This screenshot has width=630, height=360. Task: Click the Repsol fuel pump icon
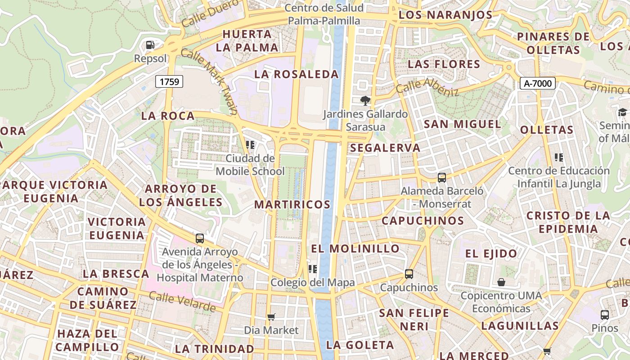click(x=150, y=45)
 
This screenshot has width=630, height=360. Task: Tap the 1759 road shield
click(x=169, y=81)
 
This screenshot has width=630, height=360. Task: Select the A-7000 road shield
click(x=538, y=83)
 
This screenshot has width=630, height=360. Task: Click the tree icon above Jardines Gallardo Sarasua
click(x=365, y=100)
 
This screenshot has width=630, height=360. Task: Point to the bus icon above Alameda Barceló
click(x=442, y=177)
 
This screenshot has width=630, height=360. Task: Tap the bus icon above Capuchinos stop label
click(x=409, y=274)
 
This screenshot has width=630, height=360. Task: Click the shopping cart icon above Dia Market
click(x=271, y=317)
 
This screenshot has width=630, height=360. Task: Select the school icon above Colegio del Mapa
click(x=312, y=269)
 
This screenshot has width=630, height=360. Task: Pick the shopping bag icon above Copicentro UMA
click(x=501, y=282)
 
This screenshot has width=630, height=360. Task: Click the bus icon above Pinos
click(x=605, y=315)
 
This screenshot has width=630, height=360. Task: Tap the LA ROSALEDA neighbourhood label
click(x=296, y=74)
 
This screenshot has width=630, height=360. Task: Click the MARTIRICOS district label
click(x=292, y=204)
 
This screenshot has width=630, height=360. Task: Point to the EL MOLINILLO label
click(x=355, y=248)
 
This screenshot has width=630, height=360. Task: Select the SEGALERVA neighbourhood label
click(x=385, y=148)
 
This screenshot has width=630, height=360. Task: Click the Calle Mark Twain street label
click(x=209, y=81)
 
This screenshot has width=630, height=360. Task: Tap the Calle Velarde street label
click(x=182, y=302)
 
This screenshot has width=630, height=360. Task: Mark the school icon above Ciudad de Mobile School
click(x=250, y=144)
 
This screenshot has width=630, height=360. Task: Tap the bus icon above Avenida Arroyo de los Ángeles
click(x=199, y=238)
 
